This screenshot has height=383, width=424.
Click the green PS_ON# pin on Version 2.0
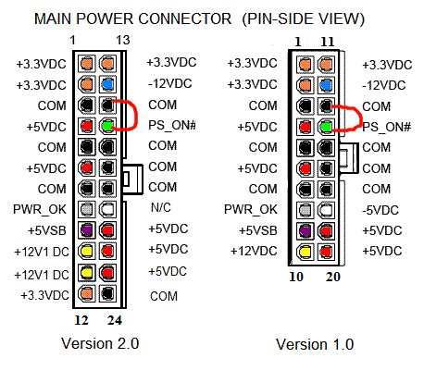pyautogui.click(x=108, y=126)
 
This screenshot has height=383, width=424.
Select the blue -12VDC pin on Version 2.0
pyautogui.click(x=108, y=84)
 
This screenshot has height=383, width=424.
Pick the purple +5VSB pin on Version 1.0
pyautogui.click(x=306, y=229)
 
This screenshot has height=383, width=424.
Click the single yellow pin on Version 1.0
pyautogui.click(x=306, y=251)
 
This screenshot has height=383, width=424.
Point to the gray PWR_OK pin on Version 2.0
pyautogui.click(x=87, y=209)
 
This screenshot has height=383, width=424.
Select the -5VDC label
pyautogui.click(x=381, y=209)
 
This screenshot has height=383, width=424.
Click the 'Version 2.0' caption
pyautogui.click(x=99, y=343)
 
